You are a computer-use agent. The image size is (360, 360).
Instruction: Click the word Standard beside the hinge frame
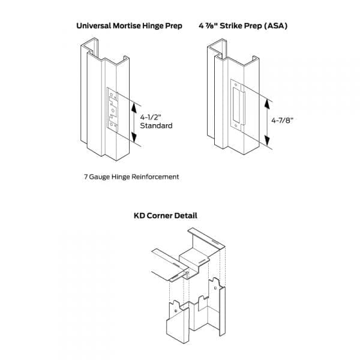tap(156, 126)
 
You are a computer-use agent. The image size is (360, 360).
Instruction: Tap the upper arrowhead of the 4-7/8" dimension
tap(267, 96)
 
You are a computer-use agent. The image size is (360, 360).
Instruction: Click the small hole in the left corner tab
tap(173, 311)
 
